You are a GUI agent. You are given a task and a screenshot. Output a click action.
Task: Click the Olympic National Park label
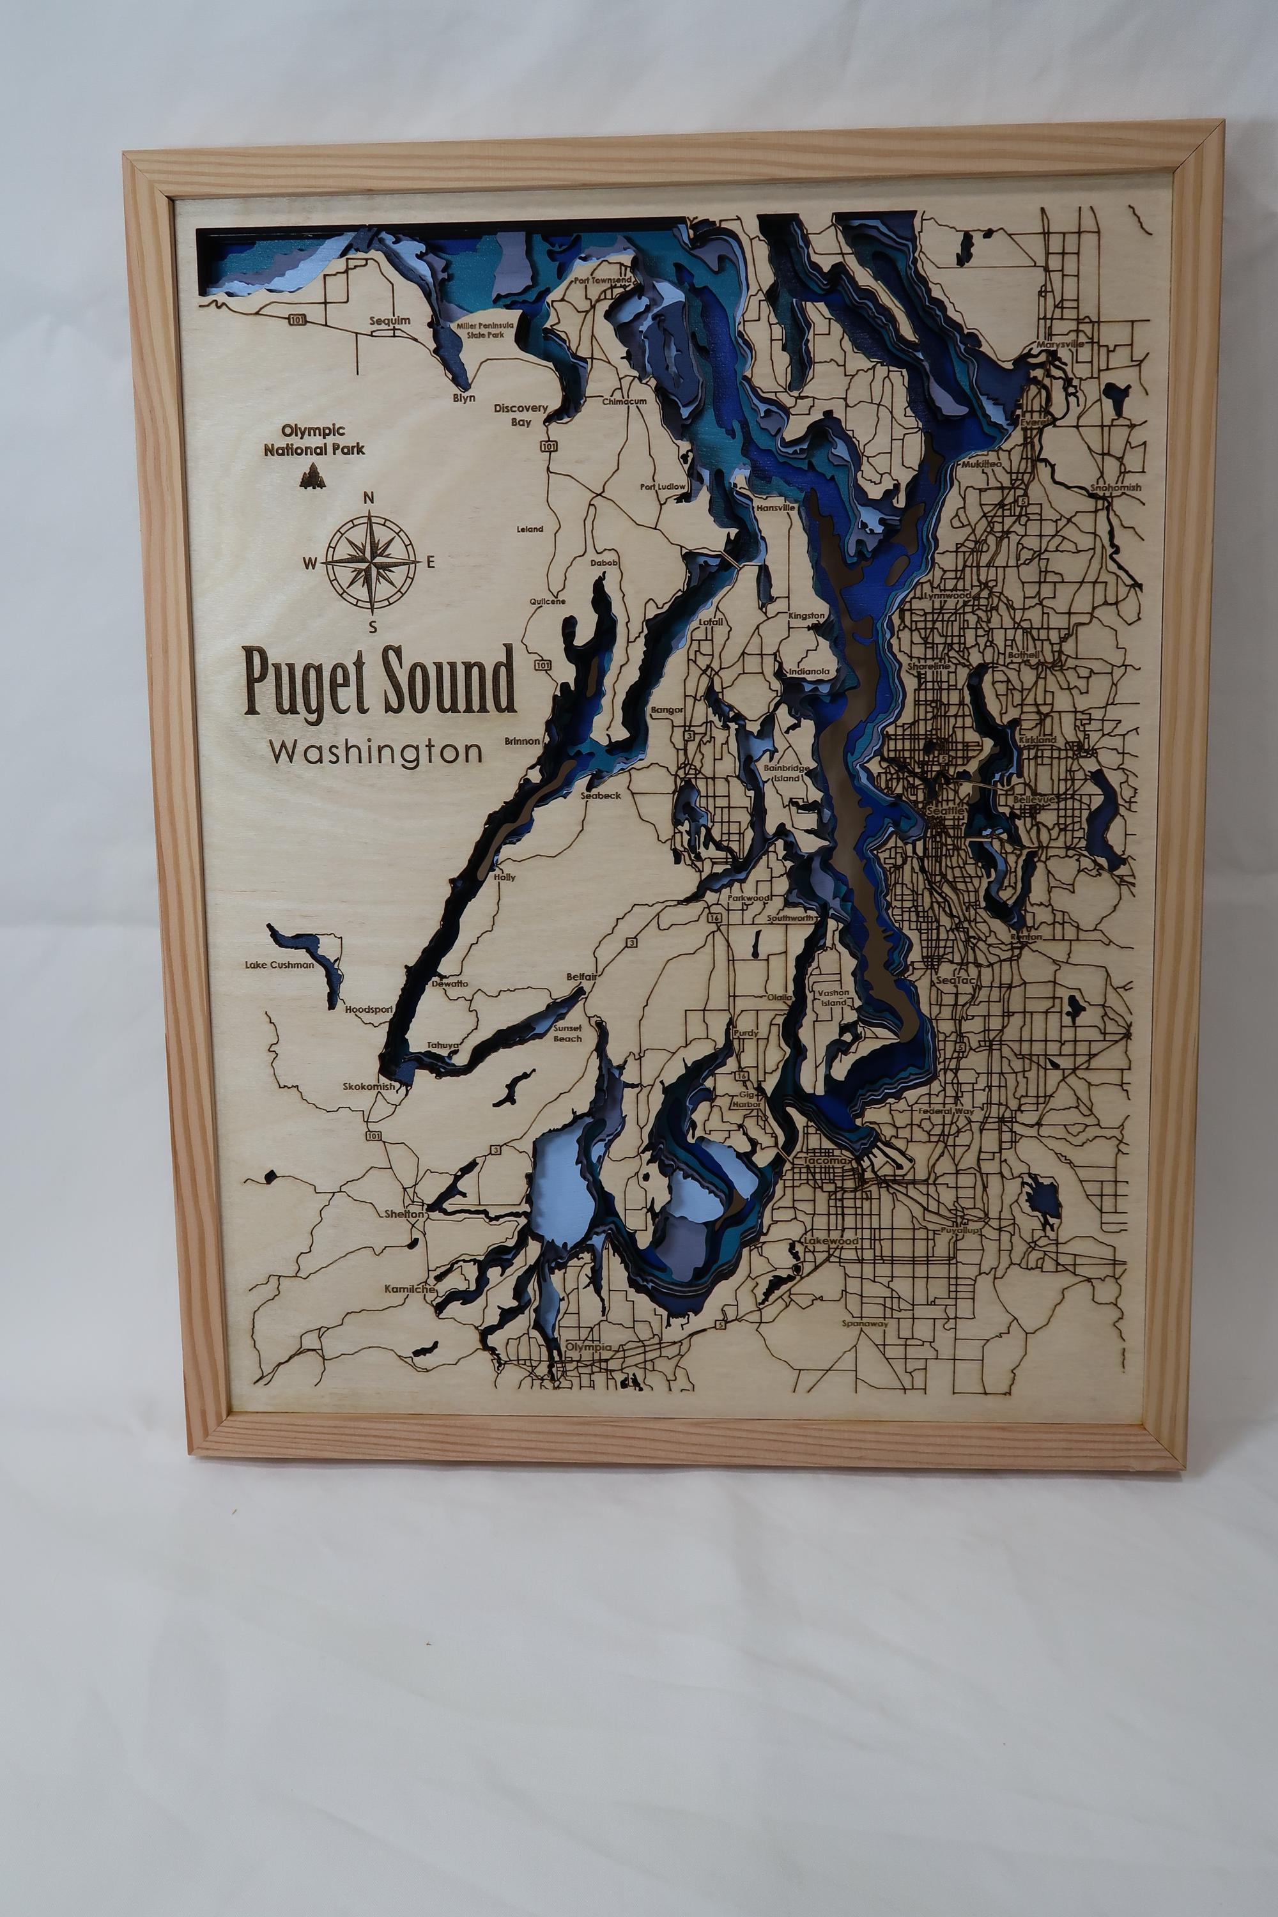coord(314,440)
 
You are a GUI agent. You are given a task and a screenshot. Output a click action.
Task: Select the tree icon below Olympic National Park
coord(310,475)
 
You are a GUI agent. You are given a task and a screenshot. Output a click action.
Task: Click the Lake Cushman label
coord(280,965)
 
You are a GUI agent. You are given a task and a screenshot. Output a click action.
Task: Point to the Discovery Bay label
coord(521,414)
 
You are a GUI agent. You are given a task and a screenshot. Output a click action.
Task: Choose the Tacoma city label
coord(826,1160)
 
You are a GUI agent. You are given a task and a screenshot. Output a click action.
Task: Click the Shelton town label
coord(405,1213)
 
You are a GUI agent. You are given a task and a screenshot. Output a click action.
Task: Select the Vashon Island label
coord(834,997)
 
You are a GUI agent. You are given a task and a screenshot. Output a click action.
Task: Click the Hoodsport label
coord(369,1009)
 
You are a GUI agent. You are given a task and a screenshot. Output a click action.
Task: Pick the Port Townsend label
coord(601,280)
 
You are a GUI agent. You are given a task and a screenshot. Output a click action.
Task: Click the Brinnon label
coord(521,741)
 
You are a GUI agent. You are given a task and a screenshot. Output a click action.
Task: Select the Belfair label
coord(583,976)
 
